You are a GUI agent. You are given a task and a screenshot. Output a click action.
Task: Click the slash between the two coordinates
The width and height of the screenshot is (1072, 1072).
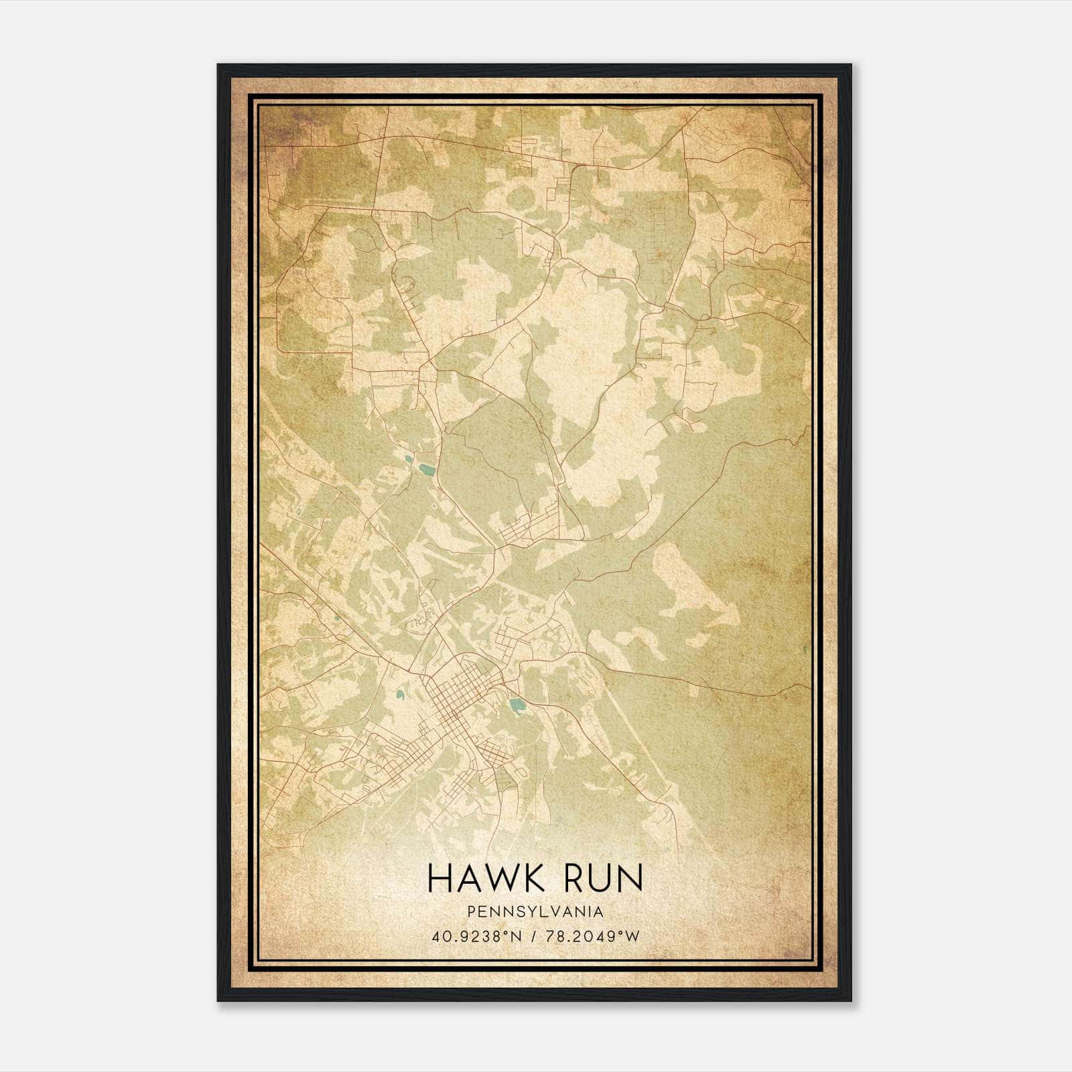point(534,937)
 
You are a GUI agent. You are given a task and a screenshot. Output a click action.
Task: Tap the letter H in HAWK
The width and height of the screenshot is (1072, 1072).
point(438,878)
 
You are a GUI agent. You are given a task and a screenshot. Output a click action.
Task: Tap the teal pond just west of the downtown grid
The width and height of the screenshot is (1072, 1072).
point(400,695)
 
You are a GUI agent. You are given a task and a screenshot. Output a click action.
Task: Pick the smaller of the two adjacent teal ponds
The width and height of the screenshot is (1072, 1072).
point(407,459)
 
